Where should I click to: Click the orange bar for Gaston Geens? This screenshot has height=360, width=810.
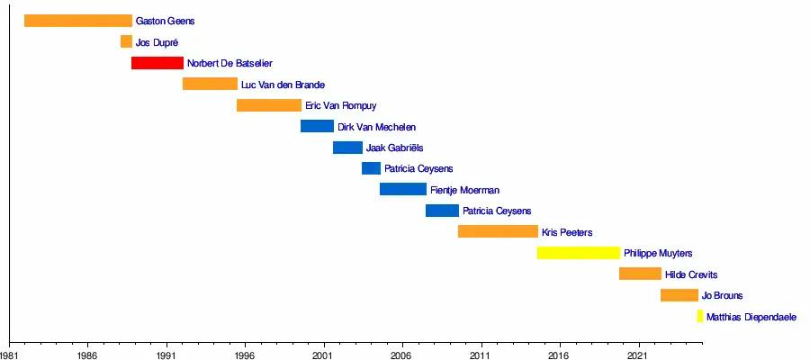tap(78, 21)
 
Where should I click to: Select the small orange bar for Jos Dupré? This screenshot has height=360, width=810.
tap(126, 41)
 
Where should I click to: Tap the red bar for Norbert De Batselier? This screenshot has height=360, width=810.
tap(157, 63)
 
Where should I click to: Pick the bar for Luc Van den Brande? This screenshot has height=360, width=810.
tap(210, 84)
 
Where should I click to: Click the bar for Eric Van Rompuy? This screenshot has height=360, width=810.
tap(269, 105)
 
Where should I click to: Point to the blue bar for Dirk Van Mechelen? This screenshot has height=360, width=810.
tap(317, 126)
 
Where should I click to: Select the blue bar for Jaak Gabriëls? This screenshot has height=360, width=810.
tap(347, 148)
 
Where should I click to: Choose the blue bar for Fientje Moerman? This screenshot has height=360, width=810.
tap(403, 189)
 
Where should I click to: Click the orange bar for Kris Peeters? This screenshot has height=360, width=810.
tap(498, 231)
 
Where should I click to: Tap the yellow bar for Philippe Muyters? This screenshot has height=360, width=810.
tap(579, 253)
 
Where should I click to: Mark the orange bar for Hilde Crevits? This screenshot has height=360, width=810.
tap(640, 274)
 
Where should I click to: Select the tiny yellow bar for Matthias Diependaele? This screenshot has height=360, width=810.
tap(699, 316)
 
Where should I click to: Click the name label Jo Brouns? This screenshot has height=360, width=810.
tap(722, 295)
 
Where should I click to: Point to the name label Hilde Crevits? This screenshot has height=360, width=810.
tap(691, 274)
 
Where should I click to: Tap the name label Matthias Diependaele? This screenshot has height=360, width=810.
tap(751, 317)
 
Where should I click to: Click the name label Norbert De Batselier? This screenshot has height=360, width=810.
tap(229, 64)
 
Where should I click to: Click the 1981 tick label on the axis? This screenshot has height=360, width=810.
tap(10, 355)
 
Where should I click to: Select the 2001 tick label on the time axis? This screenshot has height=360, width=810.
tap(323, 355)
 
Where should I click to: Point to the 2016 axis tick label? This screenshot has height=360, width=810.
tap(560, 355)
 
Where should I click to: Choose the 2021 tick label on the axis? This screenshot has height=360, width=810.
tap(638, 355)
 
